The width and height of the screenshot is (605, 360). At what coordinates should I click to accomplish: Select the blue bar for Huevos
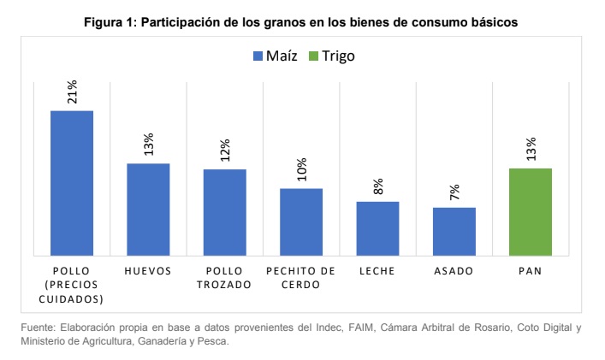coord(148,209)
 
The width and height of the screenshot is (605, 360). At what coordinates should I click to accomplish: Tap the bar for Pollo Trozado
coord(224,212)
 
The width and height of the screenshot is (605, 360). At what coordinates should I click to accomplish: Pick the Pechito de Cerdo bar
coord(301,221)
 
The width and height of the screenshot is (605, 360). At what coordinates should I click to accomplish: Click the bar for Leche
coord(377,228)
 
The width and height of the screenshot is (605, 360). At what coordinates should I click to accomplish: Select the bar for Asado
coord(454,231)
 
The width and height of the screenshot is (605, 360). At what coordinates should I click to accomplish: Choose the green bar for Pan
coord(531,211)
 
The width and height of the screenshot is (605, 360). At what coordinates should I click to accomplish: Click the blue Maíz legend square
coord(258,56)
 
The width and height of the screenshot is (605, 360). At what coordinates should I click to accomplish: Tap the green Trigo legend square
coord(313,56)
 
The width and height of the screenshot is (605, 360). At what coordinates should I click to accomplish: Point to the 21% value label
coord(72,91)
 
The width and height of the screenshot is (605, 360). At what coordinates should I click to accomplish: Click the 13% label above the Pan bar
coord(531,149)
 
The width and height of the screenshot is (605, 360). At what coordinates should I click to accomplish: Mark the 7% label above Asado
coord(454,192)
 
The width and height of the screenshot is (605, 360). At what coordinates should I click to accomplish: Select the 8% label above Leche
coord(377,186)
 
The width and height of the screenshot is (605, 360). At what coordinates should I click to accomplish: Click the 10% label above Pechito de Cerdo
coord(301,169)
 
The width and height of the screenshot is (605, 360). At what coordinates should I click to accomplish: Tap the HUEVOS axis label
coord(148,270)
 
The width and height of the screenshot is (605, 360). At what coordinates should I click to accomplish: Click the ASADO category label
coord(454,270)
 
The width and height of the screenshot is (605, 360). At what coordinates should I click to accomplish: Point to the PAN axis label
coord(531,270)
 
